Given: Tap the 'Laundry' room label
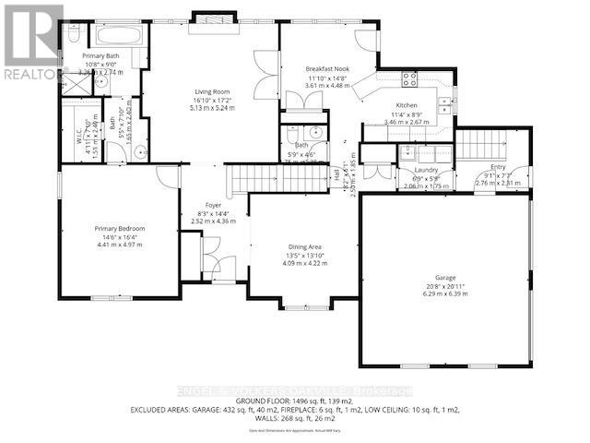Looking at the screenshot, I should (x=425, y=170).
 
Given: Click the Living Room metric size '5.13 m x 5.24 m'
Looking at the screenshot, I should (x=211, y=107).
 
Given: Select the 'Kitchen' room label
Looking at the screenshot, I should (x=407, y=106).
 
